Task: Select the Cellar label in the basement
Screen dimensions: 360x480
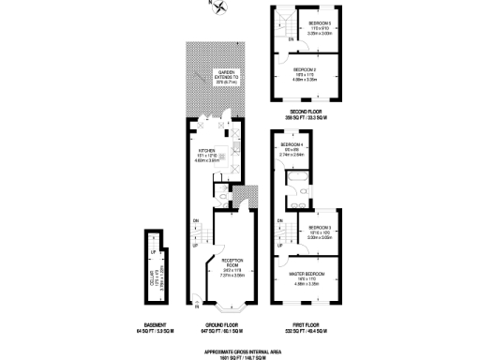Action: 154,274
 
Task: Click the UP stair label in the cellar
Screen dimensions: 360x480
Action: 153,251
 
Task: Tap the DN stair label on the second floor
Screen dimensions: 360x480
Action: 277,38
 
